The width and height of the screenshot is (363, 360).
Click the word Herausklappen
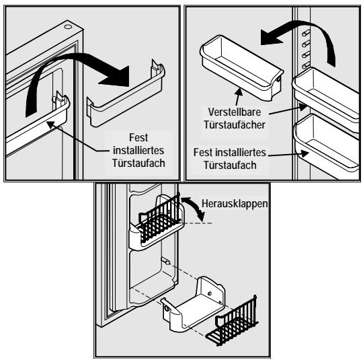235,204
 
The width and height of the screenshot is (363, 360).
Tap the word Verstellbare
235,112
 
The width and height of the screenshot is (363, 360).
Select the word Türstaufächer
235,125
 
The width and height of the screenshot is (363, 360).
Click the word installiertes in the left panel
138,151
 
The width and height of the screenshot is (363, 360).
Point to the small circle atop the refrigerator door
68,27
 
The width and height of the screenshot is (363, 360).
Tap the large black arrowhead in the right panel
272,37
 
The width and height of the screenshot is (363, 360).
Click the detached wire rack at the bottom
232,321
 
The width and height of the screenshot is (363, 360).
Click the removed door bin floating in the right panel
241,68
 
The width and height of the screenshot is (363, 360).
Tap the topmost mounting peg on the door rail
306,32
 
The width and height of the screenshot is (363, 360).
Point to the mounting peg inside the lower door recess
166,260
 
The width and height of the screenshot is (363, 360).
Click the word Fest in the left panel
138,137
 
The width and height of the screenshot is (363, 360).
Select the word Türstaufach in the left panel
138,164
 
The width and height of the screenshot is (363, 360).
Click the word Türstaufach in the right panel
230,166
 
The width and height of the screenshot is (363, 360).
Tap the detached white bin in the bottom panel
194,303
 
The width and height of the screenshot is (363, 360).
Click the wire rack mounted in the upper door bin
160,220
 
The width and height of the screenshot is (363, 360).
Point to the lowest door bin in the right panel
327,144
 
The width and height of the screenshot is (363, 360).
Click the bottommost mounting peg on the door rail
306,65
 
